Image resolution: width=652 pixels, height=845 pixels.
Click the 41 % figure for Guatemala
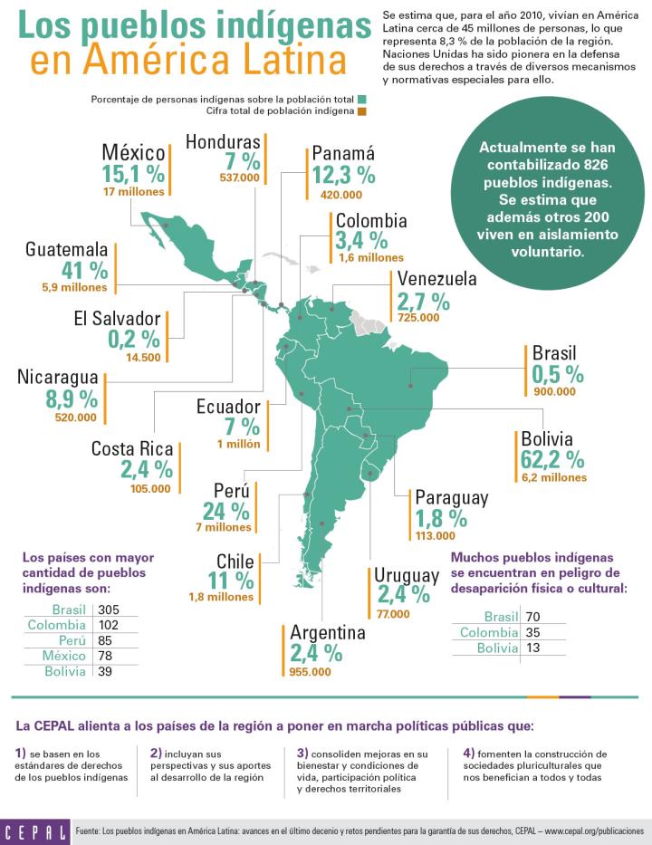(x=84, y=270)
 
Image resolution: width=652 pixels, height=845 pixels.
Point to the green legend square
(x=360, y=99)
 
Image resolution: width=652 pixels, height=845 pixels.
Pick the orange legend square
(x=360, y=111)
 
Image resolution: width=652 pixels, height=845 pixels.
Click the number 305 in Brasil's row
(x=110, y=610)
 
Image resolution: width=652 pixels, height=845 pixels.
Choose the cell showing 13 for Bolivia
(x=533, y=648)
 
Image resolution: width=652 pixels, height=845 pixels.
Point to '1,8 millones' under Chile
(x=221, y=597)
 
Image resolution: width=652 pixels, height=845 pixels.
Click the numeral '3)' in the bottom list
(x=302, y=753)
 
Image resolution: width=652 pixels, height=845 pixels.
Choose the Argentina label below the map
(x=328, y=632)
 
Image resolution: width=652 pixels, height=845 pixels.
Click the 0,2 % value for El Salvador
(x=133, y=340)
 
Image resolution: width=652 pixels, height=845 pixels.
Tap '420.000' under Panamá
(x=341, y=194)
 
